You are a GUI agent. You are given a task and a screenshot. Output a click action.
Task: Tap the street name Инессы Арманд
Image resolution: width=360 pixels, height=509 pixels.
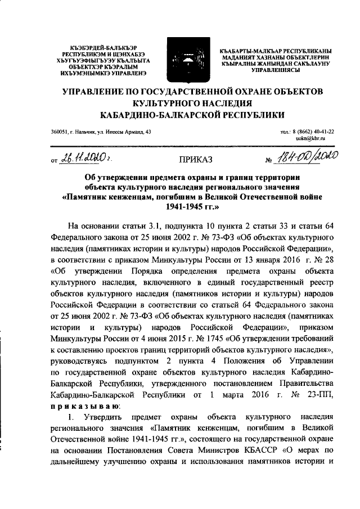coord(124,131)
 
